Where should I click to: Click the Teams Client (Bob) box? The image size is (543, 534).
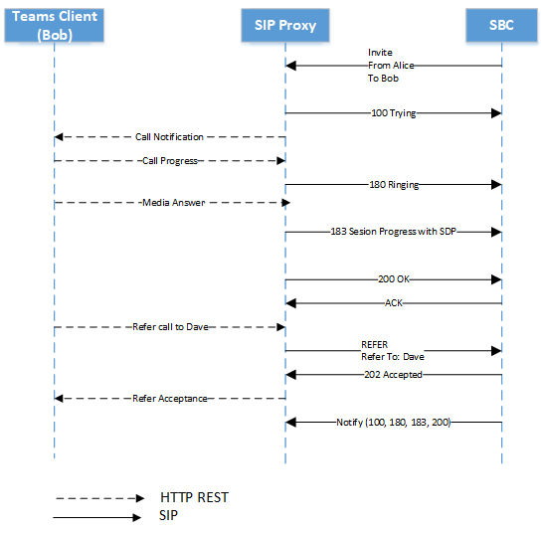[55, 25]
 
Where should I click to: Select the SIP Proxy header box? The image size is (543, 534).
[285, 25]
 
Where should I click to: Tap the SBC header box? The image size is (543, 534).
[502, 25]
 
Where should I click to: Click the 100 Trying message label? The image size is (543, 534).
[393, 114]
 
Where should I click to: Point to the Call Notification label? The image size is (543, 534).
[170, 137]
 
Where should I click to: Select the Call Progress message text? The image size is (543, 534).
[170, 160]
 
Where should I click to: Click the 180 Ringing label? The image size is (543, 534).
[394, 184]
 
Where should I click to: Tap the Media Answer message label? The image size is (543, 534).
[170, 202]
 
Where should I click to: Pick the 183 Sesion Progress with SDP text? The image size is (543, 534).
[394, 231]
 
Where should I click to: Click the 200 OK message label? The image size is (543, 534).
[394, 279]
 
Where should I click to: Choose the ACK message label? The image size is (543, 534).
[394, 303]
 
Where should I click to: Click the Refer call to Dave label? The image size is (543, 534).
[170, 326]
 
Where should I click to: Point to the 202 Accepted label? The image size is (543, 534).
[394, 375]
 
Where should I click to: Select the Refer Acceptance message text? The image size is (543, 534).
[170, 398]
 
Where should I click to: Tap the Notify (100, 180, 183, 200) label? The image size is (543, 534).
[394, 423]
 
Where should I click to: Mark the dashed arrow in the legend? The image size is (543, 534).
[99, 498]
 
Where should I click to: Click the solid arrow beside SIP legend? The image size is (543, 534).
[99, 517]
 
